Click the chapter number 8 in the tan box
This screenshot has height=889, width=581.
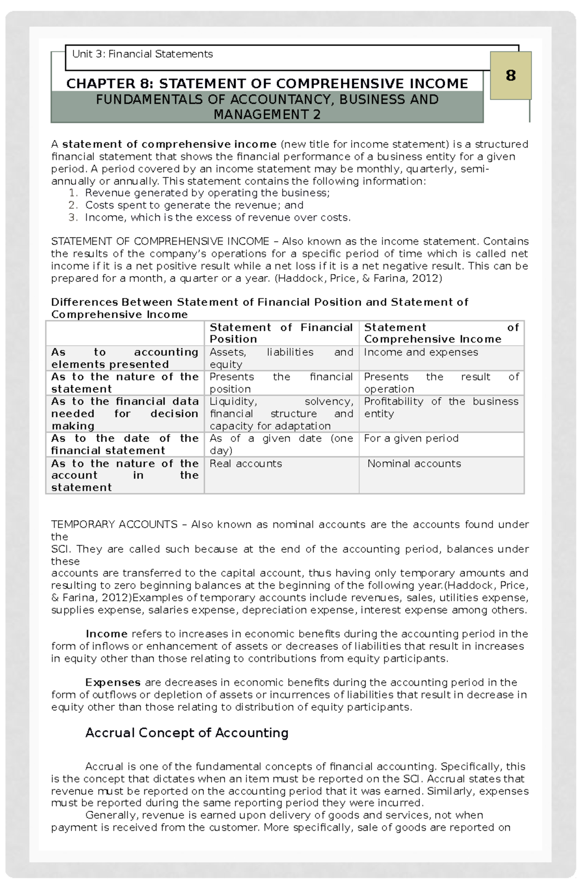(510, 76)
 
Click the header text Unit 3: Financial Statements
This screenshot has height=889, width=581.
(142, 54)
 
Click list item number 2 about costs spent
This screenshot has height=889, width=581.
(194, 205)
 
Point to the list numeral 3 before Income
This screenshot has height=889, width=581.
(73, 218)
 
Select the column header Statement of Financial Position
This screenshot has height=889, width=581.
(281, 333)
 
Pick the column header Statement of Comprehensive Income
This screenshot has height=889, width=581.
(441, 333)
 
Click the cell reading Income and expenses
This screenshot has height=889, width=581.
(421, 353)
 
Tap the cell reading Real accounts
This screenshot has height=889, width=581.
(245, 464)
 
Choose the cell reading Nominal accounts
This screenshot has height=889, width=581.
(414, 464)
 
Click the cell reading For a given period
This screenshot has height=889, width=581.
(411, 438)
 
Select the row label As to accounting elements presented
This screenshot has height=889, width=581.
(124, 359)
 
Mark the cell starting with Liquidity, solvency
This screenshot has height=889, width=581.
(281, 414)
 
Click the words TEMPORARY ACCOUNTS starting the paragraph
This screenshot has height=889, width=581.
(114, 525)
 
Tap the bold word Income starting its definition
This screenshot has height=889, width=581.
(106, 634)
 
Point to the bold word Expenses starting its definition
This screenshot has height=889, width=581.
(113, 683)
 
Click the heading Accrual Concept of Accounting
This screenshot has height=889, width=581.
(186, 733)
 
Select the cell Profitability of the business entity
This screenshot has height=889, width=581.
(441, 407)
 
